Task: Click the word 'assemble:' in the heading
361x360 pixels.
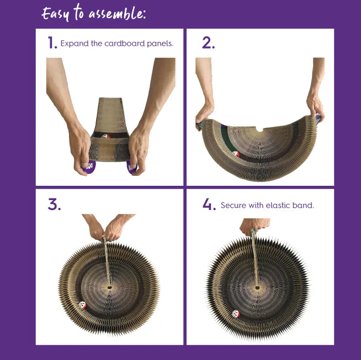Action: coord(117,14)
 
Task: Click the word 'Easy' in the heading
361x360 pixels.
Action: coord(55,14)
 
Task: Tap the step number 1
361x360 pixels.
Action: coord(52,43)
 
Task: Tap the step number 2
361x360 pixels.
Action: coord(208,43)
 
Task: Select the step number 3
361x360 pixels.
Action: coord(54,205)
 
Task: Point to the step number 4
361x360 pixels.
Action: coord(209,205)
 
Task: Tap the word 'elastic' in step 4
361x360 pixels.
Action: coord(278,205)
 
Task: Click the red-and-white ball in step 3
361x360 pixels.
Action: coord(82,305)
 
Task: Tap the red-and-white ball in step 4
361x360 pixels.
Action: coord(236,314)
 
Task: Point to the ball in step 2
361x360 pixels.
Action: coord(236,154)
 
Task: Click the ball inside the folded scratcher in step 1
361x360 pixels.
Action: coord(105,136)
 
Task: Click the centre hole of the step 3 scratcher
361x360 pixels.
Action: coord(109,287)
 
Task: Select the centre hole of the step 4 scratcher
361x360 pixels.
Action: coord(257,288)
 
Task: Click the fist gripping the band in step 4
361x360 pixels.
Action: coord(254,226)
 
